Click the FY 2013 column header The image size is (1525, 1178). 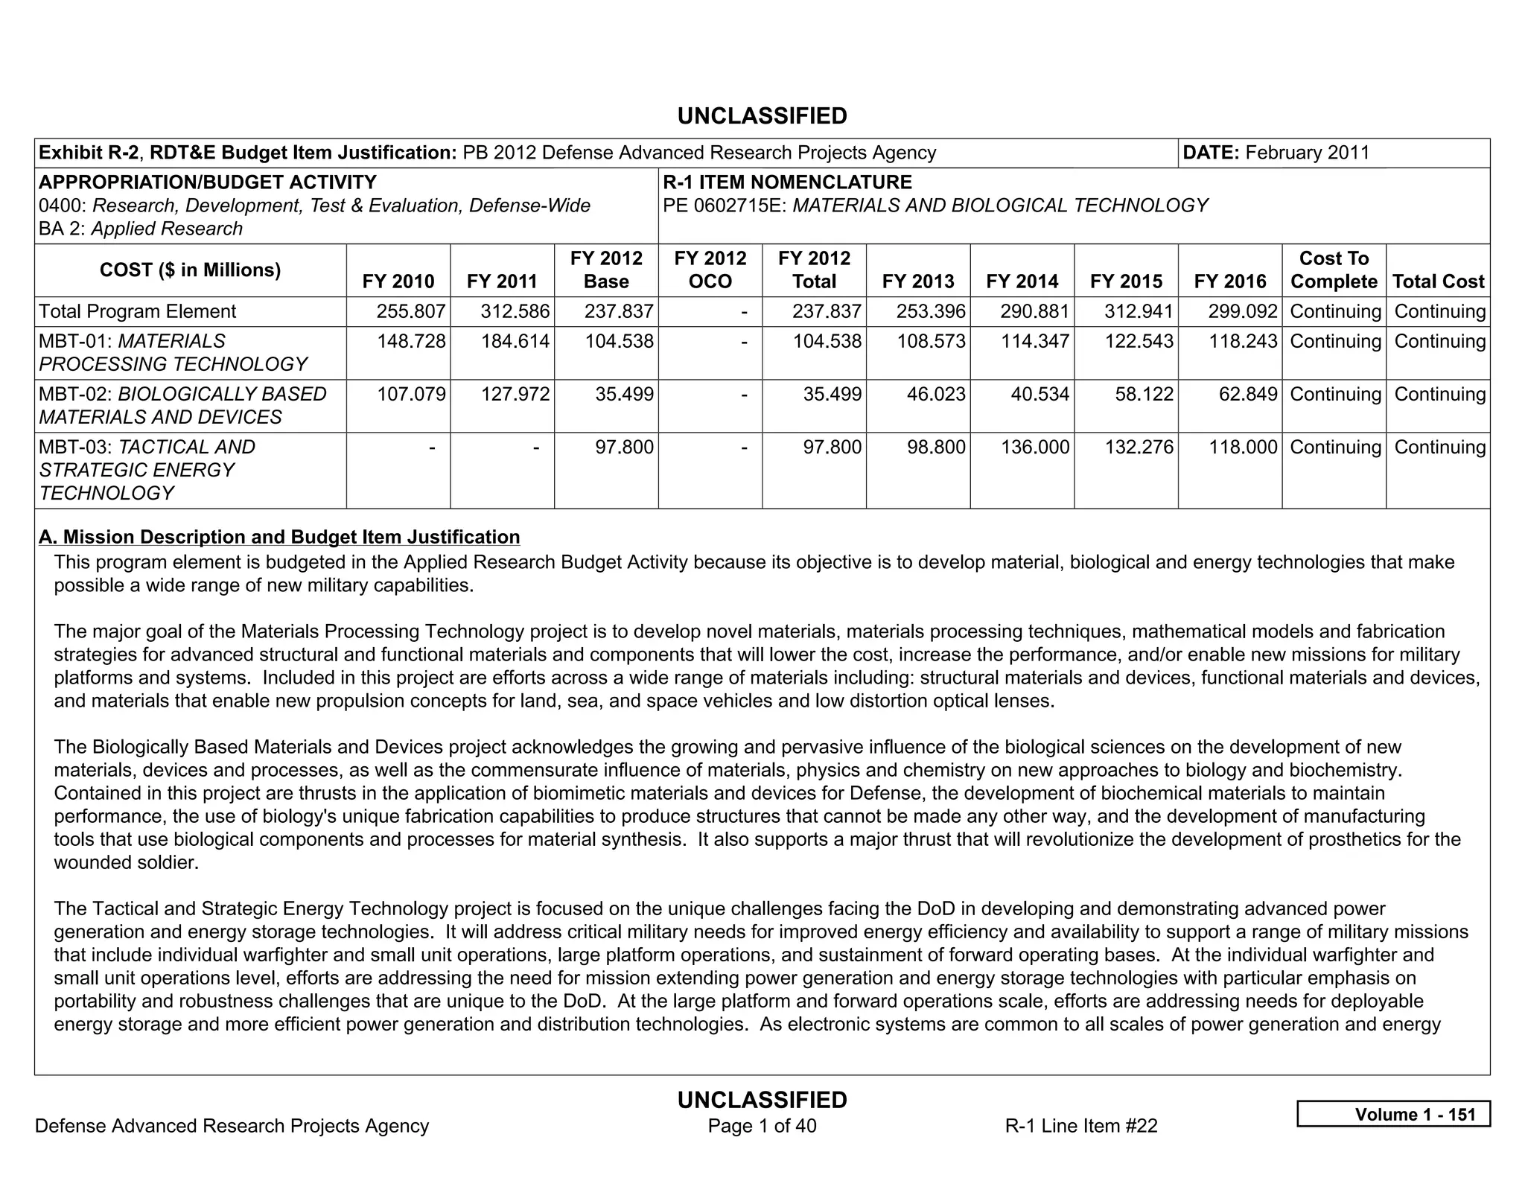tap(917, 281)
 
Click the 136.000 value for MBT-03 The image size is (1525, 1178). tap(1034, 447)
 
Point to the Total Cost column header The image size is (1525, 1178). tap(1438, 281)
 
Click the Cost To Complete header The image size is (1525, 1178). tap(1334, 270)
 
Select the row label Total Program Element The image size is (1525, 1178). tap(137, 311)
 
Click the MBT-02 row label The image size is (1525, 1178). tap(182, 405)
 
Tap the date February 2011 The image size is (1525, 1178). tap(1307, 153)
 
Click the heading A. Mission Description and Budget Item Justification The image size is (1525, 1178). tap(279, 537)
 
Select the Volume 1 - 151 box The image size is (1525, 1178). tap(1393, 1114)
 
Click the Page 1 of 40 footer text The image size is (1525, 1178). tap(762, 1126)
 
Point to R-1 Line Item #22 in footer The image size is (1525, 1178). tap(1081, 1126)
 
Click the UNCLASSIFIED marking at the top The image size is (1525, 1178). tap(762, 116)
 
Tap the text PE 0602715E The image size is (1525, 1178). tap(725, 206)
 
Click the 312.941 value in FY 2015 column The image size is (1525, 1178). tap(1139, 311)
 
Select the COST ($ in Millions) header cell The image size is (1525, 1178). tap(190, 270)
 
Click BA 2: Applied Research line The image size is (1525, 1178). tap(141, 229)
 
